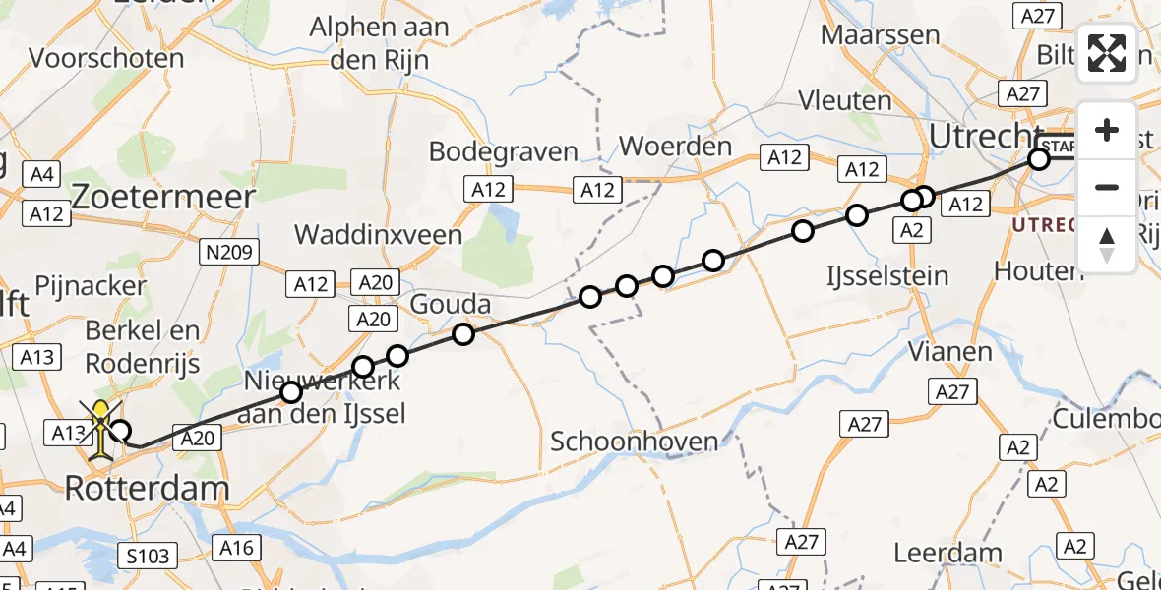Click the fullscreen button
click(1107, 53)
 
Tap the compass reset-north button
click(1107, 245)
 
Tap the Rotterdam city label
click(148, 488)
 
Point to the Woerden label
click(676, 147)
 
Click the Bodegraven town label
click(503, 151)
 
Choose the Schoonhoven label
click(634, 442)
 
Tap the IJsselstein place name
click(888, 275)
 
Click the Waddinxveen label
click(379, 235)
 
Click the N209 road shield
click(228, 253)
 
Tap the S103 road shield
click(150, 557)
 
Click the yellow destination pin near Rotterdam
click(102, 431)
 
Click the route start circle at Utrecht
click(1039, 159)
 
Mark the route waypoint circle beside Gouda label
click(463, 334)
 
